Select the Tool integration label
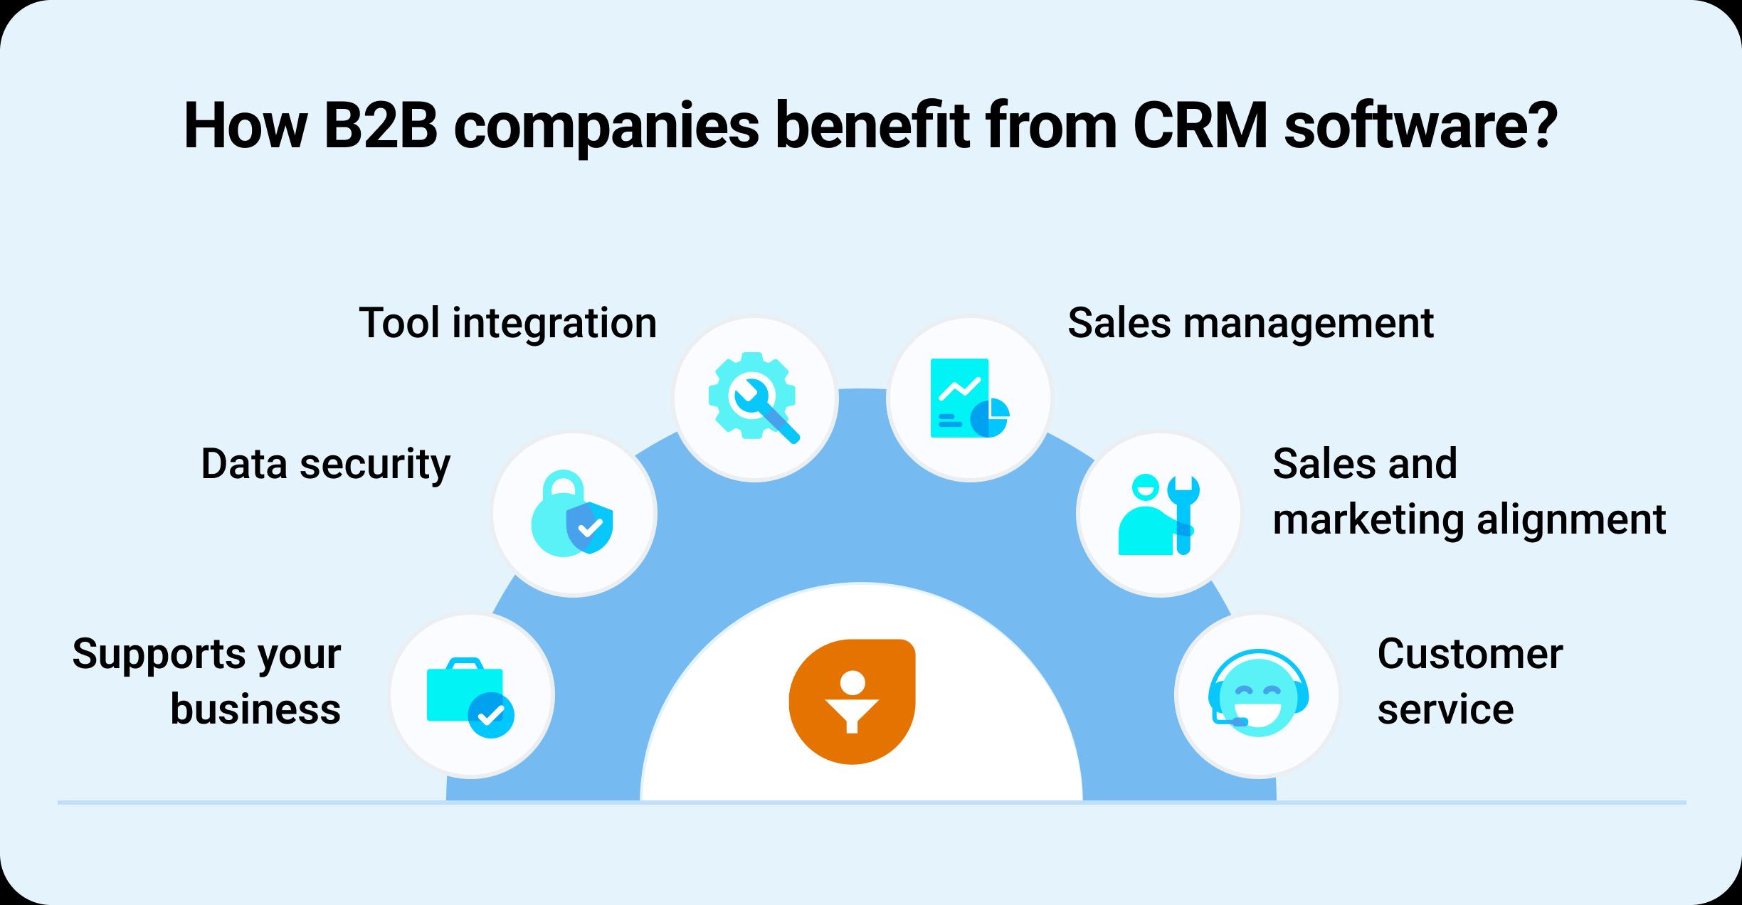click(x=507, y=323)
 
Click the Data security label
click(x=326, y=464)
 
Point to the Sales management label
click(x=1250, y=323)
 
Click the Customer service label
click(x=1469, y=682)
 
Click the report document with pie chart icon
click(x=969, y=398)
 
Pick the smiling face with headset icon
click(x=1257, y=692)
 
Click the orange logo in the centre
click(x=852, y=702)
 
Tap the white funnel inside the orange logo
click(x=852, y=716)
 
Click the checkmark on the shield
click(x=590, y=528)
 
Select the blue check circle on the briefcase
click(x=491, y=714)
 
